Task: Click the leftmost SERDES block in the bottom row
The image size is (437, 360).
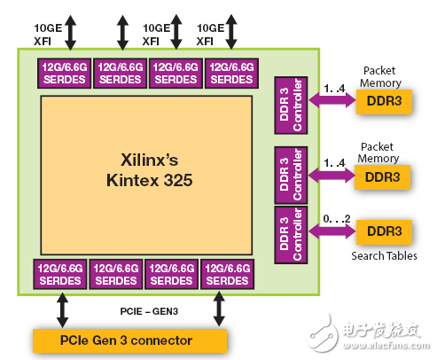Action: coord(60,275)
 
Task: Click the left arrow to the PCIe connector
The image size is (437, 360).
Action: coord(63,311)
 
